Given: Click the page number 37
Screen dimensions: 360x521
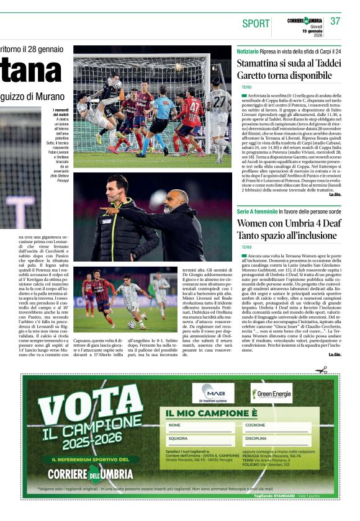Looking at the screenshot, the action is (x=335, y=21).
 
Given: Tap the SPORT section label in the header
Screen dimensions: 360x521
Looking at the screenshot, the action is (x=256, y=24).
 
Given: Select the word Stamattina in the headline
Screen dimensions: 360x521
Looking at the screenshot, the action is (x=263, y=63).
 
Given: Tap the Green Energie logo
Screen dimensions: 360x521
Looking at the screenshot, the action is (x=271, y=393).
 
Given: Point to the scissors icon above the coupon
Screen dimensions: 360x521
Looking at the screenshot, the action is (x=321, y=370).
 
